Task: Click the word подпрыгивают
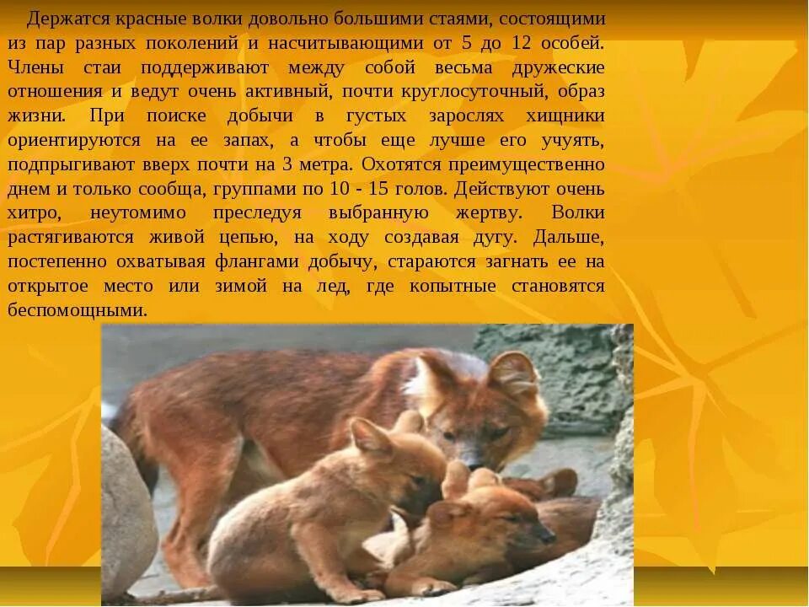(x=67, y=164)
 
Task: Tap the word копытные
(x=455, y=286)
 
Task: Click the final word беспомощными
(x=78, y=310)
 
